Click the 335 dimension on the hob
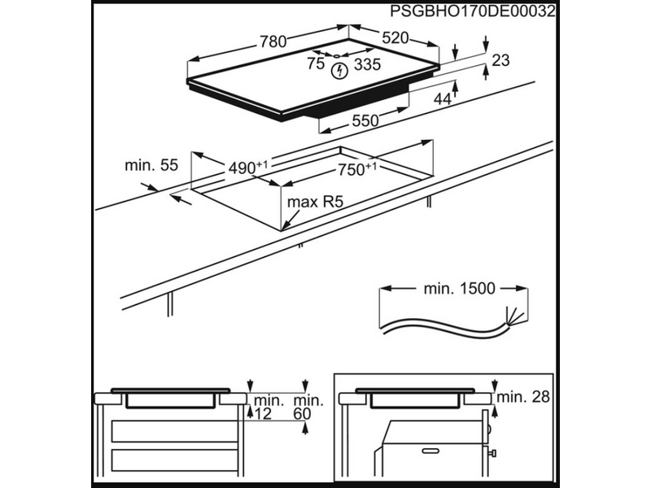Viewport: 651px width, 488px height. coord(368,64)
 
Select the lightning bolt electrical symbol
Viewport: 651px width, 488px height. coord(339,71)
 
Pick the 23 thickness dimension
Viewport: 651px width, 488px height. coord(501,59)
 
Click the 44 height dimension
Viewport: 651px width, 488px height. coord(443,99)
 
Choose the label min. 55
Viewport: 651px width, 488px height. coord(151,165)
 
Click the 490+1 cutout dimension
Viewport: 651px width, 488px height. coord(247,168)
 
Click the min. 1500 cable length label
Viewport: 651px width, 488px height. coord(459,288)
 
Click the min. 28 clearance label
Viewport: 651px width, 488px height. coord(524,397)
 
